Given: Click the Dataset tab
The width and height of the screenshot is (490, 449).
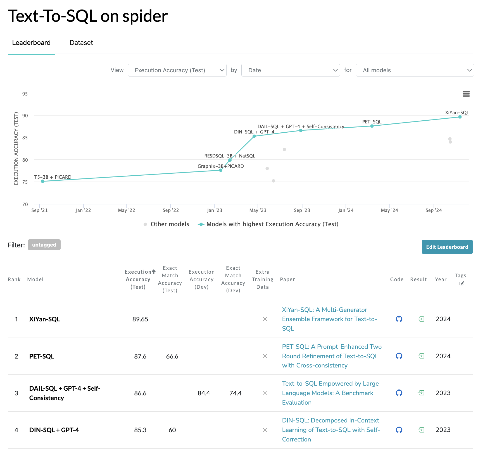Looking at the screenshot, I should pos(81,43).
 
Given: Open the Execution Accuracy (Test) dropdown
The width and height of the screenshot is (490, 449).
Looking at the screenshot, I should pos(177,70).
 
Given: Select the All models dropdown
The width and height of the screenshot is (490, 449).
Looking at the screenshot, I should pos(415,70).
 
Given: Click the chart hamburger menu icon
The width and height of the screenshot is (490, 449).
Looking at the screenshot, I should pos(466,94).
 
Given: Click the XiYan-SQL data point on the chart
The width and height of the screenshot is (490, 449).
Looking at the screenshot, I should pos(460,117).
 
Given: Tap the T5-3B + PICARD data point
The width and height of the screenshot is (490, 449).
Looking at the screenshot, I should pos(43,181).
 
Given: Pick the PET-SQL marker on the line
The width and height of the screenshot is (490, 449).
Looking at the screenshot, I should pos(372,126).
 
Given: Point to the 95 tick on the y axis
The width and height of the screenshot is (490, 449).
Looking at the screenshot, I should pos(25,94).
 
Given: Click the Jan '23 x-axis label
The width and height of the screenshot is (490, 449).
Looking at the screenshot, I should pos(215,210).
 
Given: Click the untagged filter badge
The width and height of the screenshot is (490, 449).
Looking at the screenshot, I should pos(44,245).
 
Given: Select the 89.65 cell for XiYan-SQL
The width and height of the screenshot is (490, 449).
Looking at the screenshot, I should pos(140,319).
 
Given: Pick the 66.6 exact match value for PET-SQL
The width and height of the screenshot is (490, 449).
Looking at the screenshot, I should pos(172,356).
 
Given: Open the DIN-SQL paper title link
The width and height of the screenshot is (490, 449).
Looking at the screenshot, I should pos(331,430).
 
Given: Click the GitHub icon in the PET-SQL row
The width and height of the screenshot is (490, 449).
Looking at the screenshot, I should pos(399,356).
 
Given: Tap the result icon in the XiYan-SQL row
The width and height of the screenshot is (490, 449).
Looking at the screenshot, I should pos(421,319).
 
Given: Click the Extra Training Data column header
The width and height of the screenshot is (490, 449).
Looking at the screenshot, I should pos(262,279).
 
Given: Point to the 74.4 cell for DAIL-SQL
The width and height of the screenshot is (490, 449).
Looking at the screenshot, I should pos(236,393).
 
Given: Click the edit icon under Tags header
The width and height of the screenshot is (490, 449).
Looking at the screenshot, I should pos(462,283).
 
